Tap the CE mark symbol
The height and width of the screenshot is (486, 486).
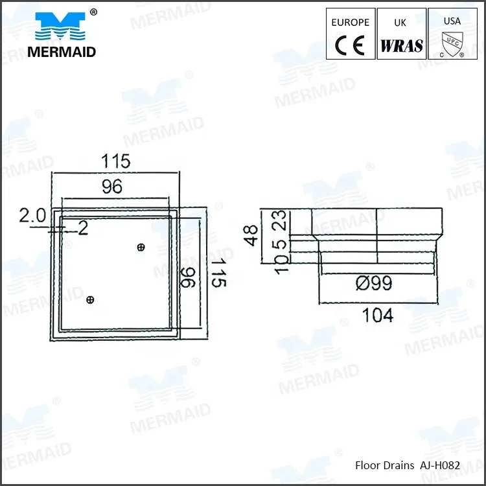(x=350, y=45)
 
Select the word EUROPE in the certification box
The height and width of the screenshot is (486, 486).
(x=350, y=22)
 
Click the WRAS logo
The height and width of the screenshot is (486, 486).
(x=401, y=45)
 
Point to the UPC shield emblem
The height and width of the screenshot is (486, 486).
(x=452, y=44)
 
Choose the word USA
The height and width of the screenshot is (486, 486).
(x=452, y=21)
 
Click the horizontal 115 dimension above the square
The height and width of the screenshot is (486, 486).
(x=114, y=161)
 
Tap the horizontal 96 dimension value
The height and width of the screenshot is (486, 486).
(x=112, y=187)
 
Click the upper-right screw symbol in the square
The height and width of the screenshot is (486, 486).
(x=141, y=246)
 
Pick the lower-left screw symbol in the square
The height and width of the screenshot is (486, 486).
(x=90, y=299)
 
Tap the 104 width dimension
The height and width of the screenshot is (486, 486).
(x=377, y=315)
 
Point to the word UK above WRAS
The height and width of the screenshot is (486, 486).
(x=400, y=22)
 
